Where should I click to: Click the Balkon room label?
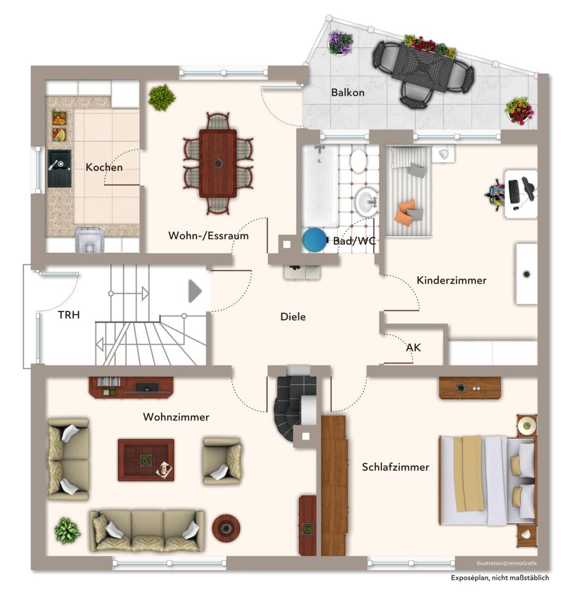tap(347, 92)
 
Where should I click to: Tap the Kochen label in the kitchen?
tap(104, 167)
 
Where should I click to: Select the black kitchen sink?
tap(59, 168)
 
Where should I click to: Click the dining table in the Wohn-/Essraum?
tap(218, 163)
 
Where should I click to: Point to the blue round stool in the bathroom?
tap(314, 239)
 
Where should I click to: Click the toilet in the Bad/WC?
tap(358, 161)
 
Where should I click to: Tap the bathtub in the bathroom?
tap(320, 186)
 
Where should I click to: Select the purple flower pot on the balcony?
tap(340, 42)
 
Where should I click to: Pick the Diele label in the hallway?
tap(293, 316)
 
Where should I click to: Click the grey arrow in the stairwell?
tap(195, 291)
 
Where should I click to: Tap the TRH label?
tap(69, 315)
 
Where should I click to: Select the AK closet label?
tap(413, 347)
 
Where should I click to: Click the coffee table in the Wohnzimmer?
tap(146, 460)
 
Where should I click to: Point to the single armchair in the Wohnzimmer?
tap(222, 461)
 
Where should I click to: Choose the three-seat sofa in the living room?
tap(147, 531)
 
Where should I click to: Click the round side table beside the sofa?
tap(226, 528)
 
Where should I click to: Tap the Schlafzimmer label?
tap(395, 467)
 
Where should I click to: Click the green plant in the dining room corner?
tap(162, 97)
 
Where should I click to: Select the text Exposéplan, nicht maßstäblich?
tap(500, 578)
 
